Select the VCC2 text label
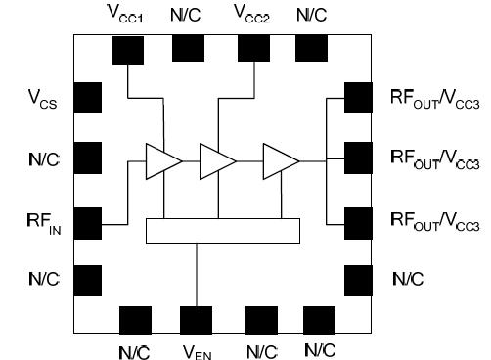coord(252,16)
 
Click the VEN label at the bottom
coord(197,348)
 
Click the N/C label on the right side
coord(408,279)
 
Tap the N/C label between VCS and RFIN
coord(45,157)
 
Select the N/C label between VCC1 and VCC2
coord(189,16)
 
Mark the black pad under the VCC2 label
coord(249,47)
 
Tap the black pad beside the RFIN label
coord(87,223)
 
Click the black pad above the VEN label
coord(196,319)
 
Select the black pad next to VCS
coord(87,97)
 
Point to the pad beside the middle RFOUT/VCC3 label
coord(358,158)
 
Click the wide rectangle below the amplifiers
coord(222,230)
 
